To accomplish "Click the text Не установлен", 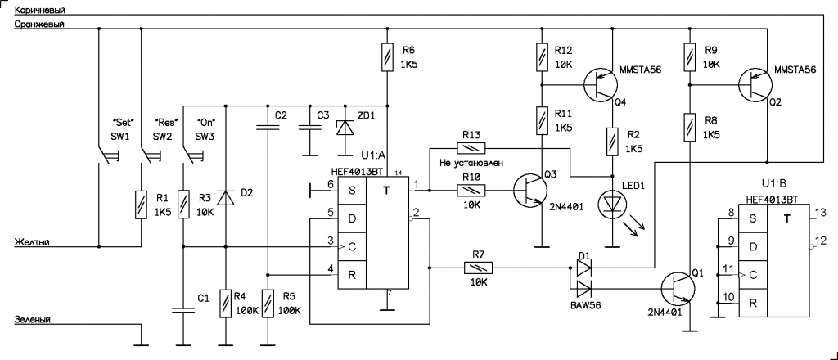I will coord(466,163).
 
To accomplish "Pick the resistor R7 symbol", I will coord(475,267).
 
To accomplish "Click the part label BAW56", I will coord(584,304).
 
